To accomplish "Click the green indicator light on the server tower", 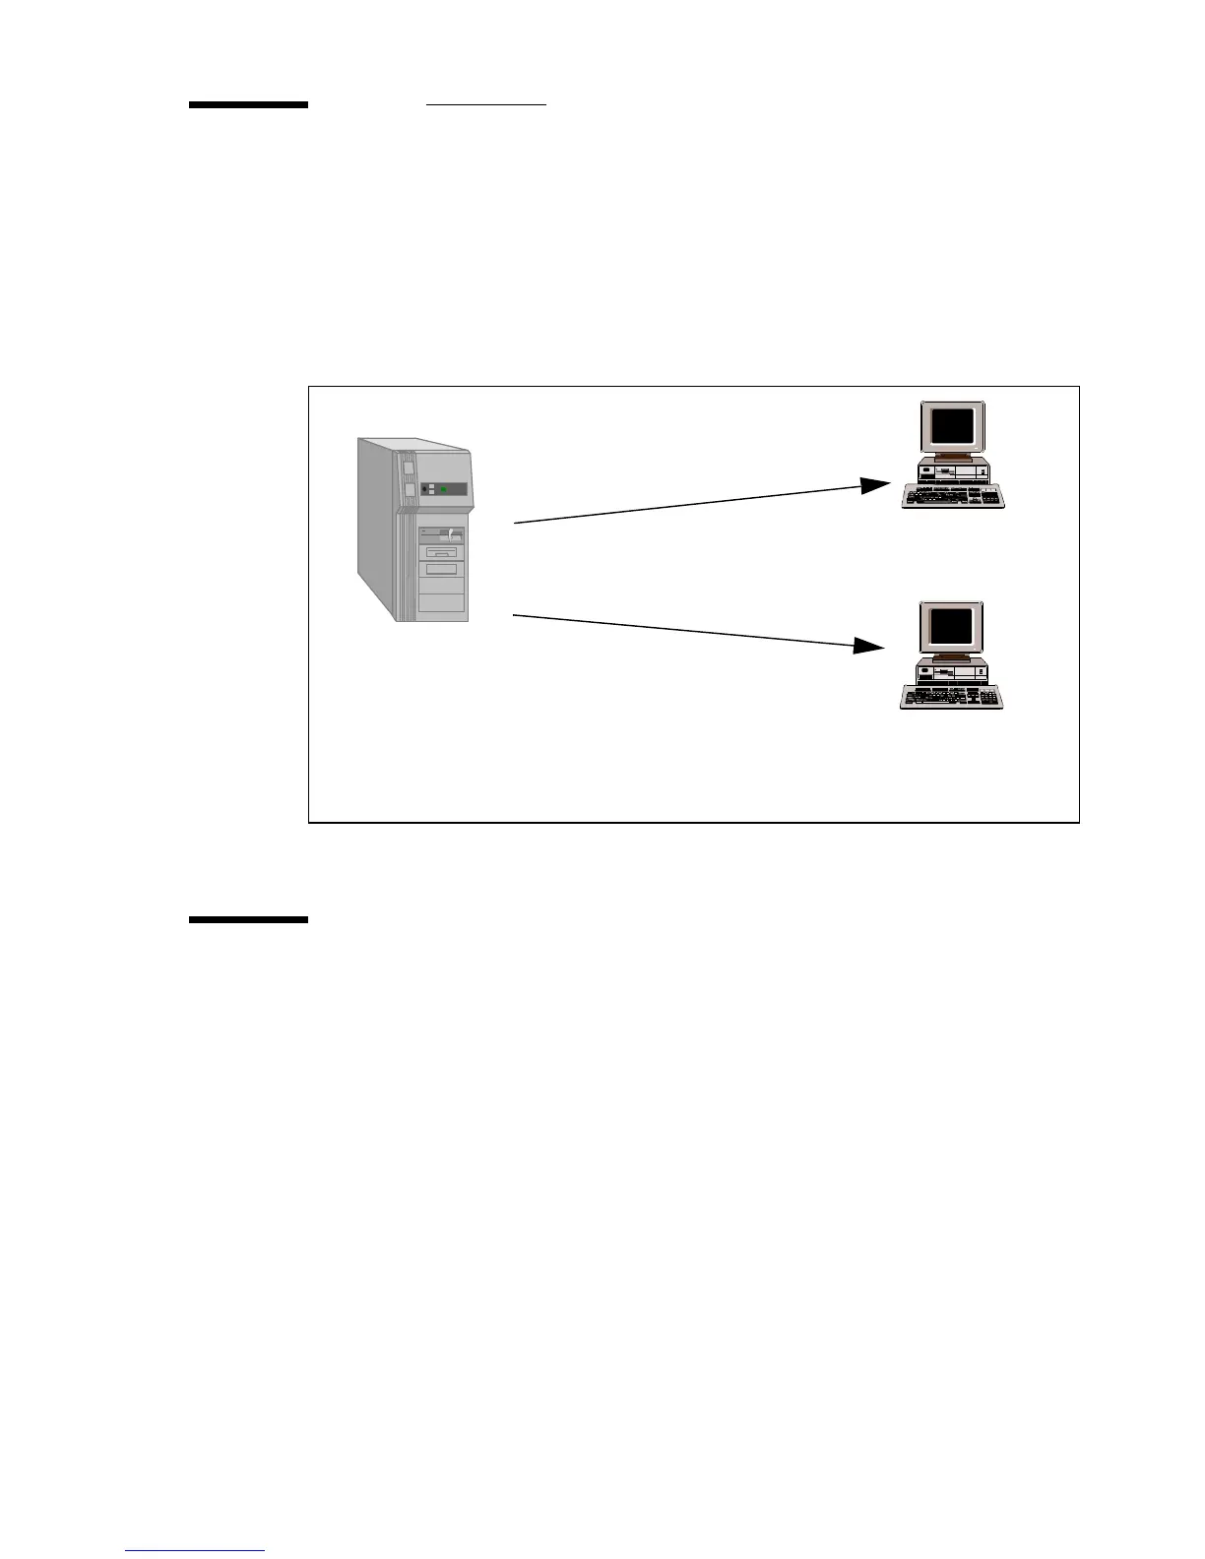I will pyautogui.click(x=446, y=489).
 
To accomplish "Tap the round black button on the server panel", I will pyautogui.click(x=424, y=489).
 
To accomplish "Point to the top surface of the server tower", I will pyautogui.click(x=413, y=445).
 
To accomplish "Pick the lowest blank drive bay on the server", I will pyautogui.click(x=442, y=603).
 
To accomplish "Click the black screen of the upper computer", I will pyautogui.click(x=952, y=426).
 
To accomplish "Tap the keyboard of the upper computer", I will pyautogui.click(x=953, y=497).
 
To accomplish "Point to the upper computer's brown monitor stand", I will pyautogui.click(x=952, y=458).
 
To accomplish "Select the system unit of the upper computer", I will pyautogui.click(x=952, y=472).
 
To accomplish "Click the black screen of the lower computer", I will pyautogui.click(x=952, y=626).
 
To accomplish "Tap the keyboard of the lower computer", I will pyautogui.click(x=951, y=697).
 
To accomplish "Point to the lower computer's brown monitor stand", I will pyautogui.click(x=952, y=657).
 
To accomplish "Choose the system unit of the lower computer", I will pyautogui.click(x=952, y=673).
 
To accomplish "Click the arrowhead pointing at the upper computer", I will pyautogui.click(x=875, y=485).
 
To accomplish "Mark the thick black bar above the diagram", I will pyautogui.click(x=248, y=104).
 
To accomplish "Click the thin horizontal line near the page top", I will pyautogui.click(x=486, y=102).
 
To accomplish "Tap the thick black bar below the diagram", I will pyautogui.click(x=248, y=920).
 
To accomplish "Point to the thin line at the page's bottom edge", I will pyautogui.click(x=196, y=1551).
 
